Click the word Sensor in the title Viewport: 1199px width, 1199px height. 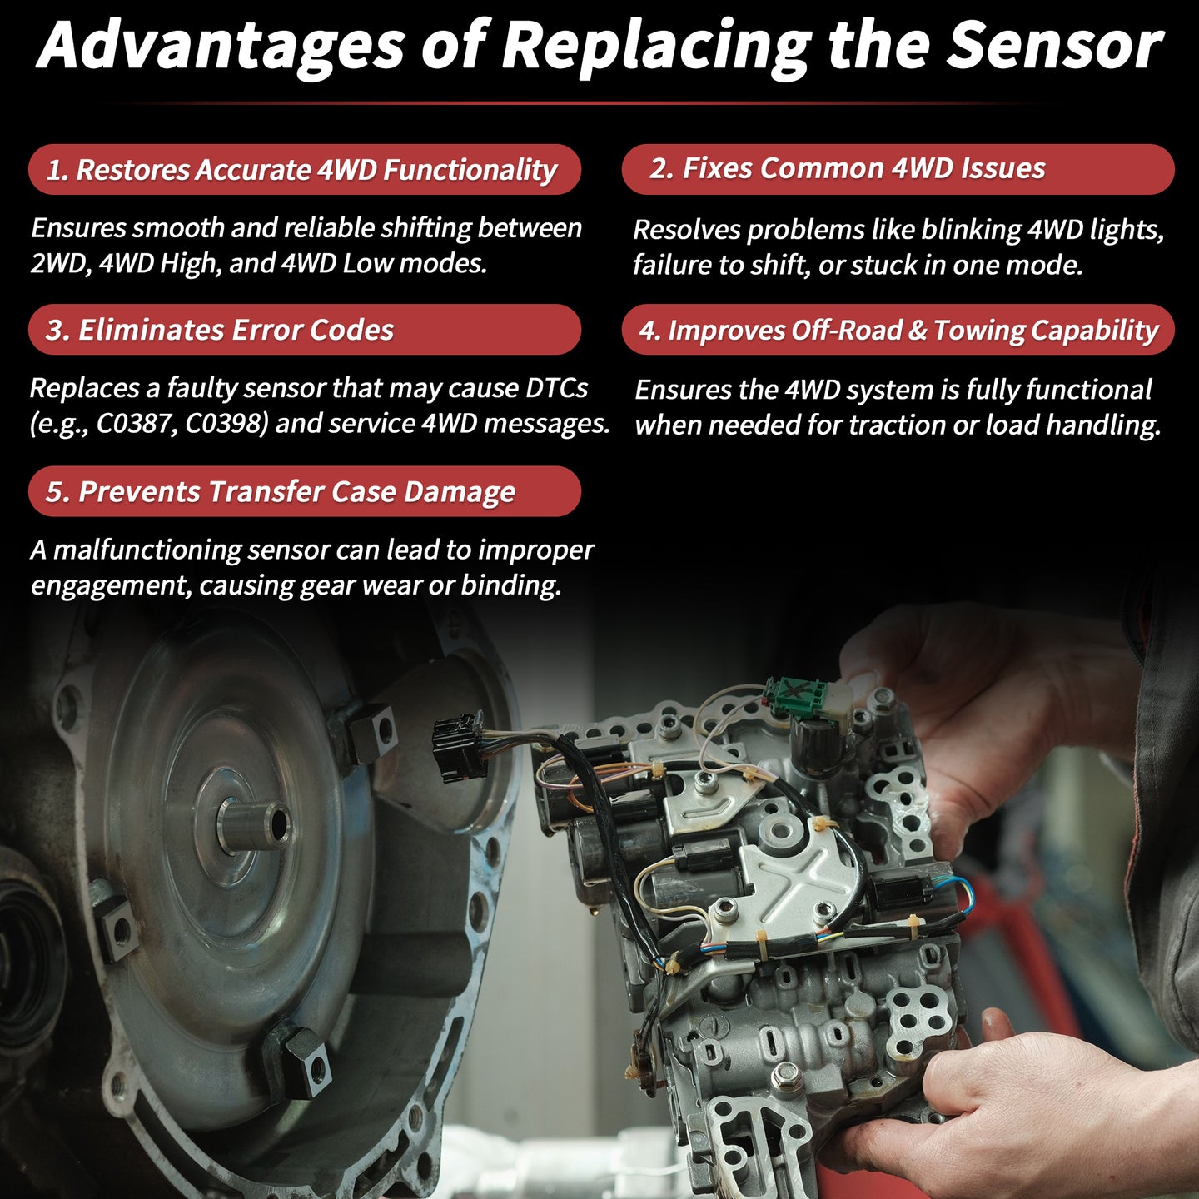(1054, 46)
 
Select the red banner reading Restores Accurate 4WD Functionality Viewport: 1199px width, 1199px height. (305, 169)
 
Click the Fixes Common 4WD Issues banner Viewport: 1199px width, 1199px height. (898, 169)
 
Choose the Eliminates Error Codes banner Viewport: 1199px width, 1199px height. (305, 329)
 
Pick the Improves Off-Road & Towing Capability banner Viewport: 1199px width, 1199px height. (898, 329)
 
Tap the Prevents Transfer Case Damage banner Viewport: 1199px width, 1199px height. (305, 491)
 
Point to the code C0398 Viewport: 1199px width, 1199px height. (226, 424)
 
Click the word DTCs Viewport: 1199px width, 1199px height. (556, 388)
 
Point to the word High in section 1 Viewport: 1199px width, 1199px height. (190, 264)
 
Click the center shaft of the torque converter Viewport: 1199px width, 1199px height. (256, 823)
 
